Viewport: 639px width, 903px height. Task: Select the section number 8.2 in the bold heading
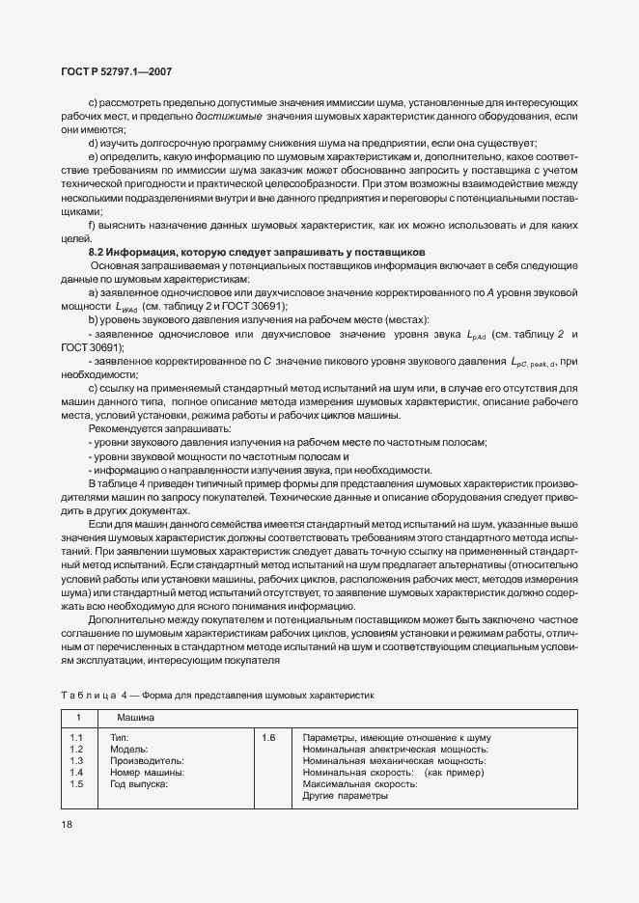[97, 252]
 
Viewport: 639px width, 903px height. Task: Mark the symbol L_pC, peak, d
[534, 362]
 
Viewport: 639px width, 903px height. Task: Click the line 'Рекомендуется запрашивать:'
[146, 427]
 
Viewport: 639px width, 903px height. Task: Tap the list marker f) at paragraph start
[93, 225]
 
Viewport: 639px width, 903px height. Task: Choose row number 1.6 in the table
[267, 738]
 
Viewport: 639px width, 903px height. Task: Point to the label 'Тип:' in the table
[119, 738]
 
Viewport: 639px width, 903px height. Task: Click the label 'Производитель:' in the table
[147, 761]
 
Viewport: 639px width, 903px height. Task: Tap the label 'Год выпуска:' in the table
[139, 784]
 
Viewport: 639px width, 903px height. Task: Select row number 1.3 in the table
[76, 761]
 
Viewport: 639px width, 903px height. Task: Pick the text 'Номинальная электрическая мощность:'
[395, 750]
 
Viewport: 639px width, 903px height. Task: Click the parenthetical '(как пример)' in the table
[455, 773]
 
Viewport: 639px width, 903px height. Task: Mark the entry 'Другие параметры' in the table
[346, 796]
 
